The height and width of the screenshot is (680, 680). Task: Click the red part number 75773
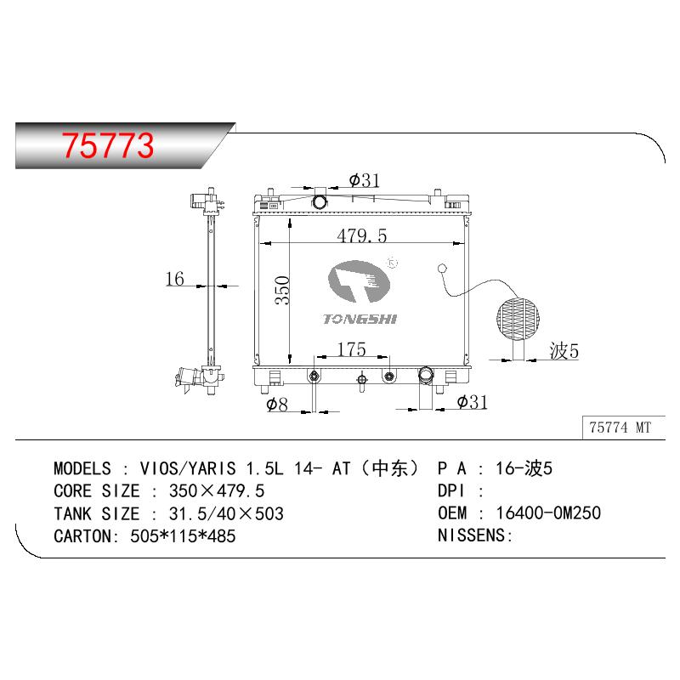(x=108, y=145)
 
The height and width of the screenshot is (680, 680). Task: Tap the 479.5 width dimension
(x=362, y=236)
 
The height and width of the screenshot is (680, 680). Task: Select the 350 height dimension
(x=282, y=290)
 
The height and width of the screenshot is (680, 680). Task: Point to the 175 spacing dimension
(x=352, y=349)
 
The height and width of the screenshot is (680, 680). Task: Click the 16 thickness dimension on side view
(x=175, y=279)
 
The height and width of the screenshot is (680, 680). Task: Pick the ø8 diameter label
(x=277, y=405)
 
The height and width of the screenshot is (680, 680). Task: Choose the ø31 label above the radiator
(x=365, y=180)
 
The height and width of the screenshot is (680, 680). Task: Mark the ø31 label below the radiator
(x=473, y=402)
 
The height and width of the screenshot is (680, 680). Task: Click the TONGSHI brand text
(x=360, y=320)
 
